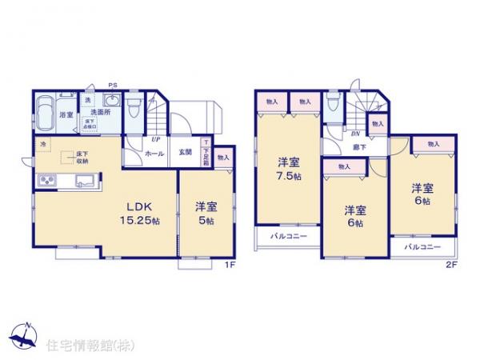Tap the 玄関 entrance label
click(x=184, y=152)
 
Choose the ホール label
click(x=156, y=152)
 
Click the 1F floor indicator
click(x=229, y=266)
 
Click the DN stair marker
click(x=354, y=134)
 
